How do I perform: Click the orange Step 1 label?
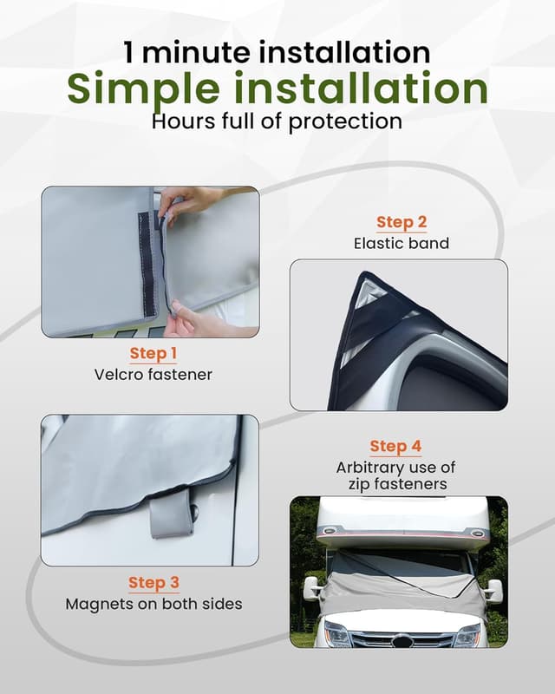click(x=153, y=353)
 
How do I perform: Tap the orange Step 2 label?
click(x=402, y=222)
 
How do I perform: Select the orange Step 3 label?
click(x=153, y=582)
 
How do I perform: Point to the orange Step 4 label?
click(x=395, y=447)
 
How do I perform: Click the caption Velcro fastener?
click(x=153, y=375)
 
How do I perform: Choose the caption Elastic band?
click(x=402, y=244)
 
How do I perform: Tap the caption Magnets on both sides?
click(x=153, y=604)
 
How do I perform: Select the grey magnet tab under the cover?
click(x=171, y=517)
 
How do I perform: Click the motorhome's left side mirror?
click(x=311, y=588)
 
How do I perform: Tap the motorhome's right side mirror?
click(x=494, y=591)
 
